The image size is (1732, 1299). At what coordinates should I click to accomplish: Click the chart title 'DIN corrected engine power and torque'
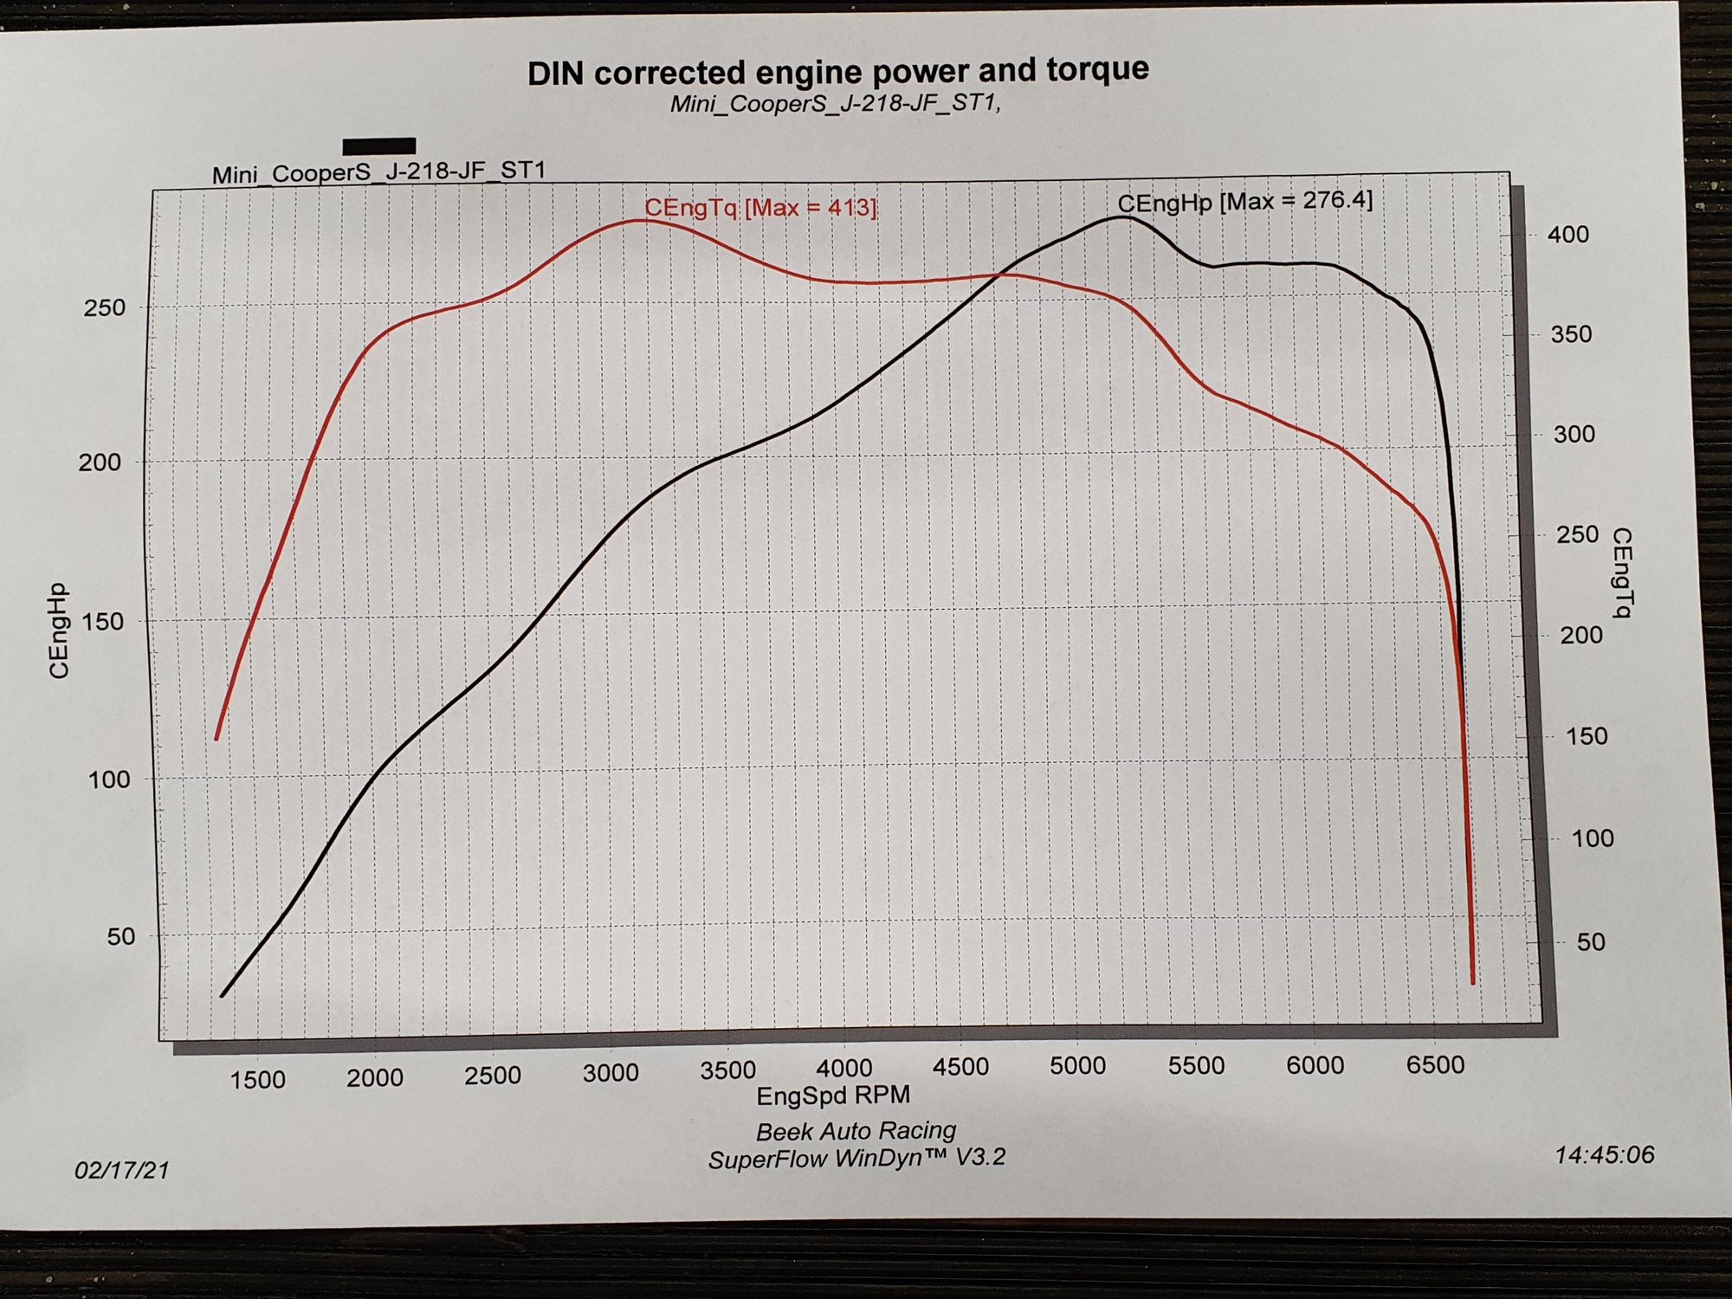[837, 72]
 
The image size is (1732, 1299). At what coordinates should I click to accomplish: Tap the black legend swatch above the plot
[379, 145]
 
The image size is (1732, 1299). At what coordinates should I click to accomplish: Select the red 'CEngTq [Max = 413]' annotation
[761, 208]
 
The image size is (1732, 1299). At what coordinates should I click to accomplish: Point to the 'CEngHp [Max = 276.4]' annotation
[1244, 202]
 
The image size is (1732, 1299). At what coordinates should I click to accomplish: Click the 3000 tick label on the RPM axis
[611, 1073]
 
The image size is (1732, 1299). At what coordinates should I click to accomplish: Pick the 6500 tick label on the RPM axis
[1435, 1064]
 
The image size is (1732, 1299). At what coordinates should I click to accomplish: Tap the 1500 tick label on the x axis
[257, 1080]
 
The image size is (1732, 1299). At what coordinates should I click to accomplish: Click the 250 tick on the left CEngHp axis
[104, 307]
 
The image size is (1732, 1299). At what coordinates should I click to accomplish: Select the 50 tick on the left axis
[121, 936]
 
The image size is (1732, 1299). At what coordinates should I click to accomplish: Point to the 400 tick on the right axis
[1568, 235]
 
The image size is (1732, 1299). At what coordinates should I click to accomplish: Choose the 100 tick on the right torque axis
[1592, 838]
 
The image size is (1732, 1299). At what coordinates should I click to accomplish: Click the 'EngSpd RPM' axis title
[833, 1095]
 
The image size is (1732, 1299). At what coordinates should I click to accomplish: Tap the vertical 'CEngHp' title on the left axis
[59, 631]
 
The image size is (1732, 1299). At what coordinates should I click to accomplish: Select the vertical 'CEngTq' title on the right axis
[1622, 572]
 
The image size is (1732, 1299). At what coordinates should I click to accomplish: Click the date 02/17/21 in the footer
[122, 1171]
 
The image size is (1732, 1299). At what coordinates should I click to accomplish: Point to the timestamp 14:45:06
[1605, 1155]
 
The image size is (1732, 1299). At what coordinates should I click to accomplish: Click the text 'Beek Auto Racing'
[856, 1131]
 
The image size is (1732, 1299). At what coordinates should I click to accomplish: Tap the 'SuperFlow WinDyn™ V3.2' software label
[856, 1159]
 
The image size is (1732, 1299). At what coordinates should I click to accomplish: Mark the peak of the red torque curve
[641, 221]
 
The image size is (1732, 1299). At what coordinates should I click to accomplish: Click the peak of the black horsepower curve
[1121, 216]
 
